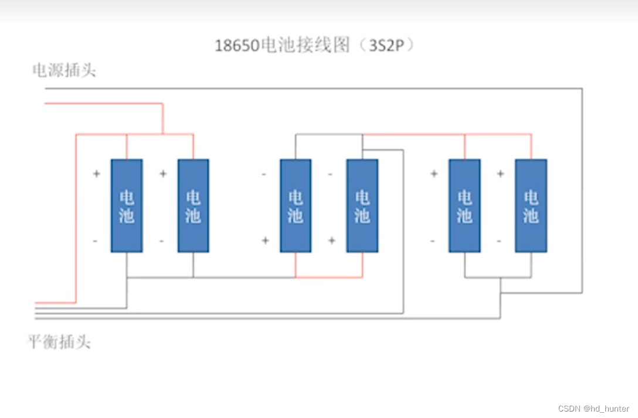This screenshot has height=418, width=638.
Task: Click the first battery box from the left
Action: click(127, 205)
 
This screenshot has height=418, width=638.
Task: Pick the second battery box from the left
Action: click(193, 205)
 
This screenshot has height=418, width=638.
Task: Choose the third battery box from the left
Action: click(296, 205)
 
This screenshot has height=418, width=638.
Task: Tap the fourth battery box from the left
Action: click(362, 205)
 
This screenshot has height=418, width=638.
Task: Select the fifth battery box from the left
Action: click(464, 205)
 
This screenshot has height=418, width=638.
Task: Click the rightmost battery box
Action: click(531, 205)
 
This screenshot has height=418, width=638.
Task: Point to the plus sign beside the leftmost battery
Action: click(96, 174)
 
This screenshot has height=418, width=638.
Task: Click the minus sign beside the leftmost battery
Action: click(95, 241)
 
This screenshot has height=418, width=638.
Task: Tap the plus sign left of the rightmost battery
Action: click(500, 174)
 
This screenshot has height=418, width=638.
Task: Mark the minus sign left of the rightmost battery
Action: click(499, 241)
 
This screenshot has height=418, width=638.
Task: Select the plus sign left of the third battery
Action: click(265, 241)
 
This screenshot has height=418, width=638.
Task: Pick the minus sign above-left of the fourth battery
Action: click(330, 174)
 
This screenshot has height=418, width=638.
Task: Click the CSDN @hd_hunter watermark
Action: click(593, 409)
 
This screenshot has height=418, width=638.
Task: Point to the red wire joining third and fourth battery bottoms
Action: click(328, 277)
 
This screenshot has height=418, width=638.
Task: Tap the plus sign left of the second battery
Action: click(163, 174)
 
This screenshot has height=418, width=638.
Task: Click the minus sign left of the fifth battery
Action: click(433, 241)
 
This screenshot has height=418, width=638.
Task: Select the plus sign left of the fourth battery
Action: click(331, 241)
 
